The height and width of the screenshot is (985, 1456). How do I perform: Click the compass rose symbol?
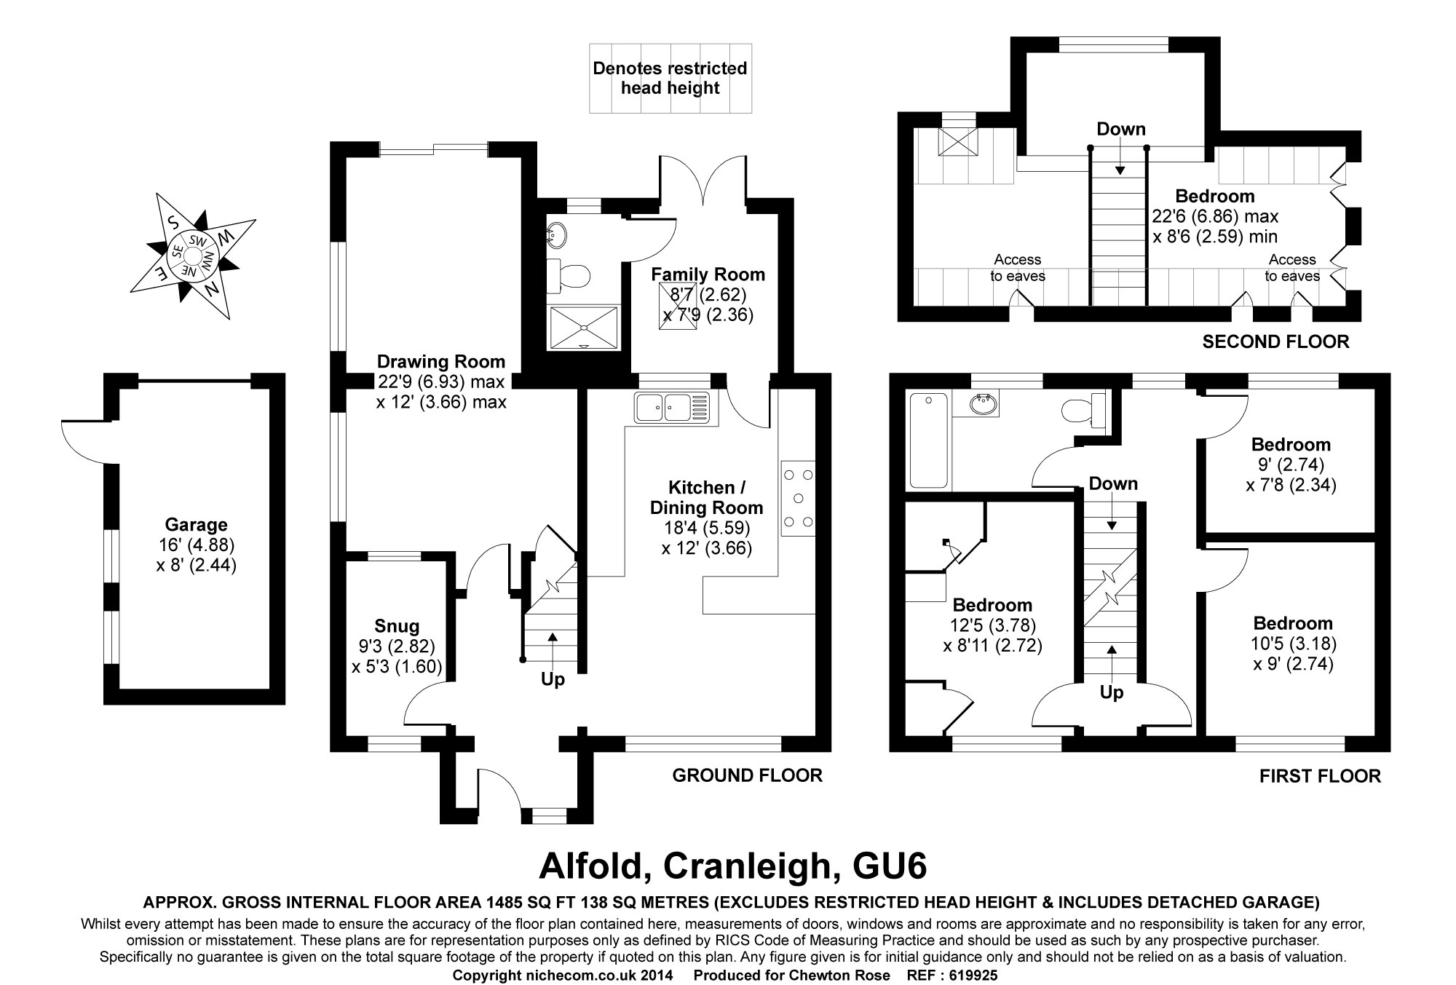click(x=192, y=256)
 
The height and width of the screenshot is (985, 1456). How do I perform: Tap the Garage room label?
click(x=196, y=525)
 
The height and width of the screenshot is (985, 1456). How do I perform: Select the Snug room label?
click(x=397, y=626)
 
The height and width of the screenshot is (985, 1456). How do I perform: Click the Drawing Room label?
click(x=440, y=362)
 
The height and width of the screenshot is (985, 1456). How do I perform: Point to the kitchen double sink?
click(x=670, y=407)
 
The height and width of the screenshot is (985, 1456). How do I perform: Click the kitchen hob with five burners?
click(x=798, y=499)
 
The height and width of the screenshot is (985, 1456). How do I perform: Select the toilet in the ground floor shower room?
click(x=572, y=274)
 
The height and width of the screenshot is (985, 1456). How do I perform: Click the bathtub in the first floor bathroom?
click(x=928, y=440)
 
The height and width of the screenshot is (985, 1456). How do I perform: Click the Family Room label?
click(x=708, y=274)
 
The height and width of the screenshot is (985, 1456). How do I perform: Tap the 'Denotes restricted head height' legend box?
click(x=670, y=78)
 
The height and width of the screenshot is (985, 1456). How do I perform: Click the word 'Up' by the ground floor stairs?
click(x=553, y=679)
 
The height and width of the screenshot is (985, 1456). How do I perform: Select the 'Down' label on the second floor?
click(x=1120, y=130)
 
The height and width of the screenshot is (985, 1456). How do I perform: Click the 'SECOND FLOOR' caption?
click(x=1275, y=341)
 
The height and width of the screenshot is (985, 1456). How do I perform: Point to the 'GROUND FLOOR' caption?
click(x=747, y=775)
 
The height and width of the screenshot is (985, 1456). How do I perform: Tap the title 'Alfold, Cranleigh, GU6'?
click(x=732, y=866)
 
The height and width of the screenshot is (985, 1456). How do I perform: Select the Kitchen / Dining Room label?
click(x=706, y=497)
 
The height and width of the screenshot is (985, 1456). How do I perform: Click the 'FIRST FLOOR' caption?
click(x=1320, y=776)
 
